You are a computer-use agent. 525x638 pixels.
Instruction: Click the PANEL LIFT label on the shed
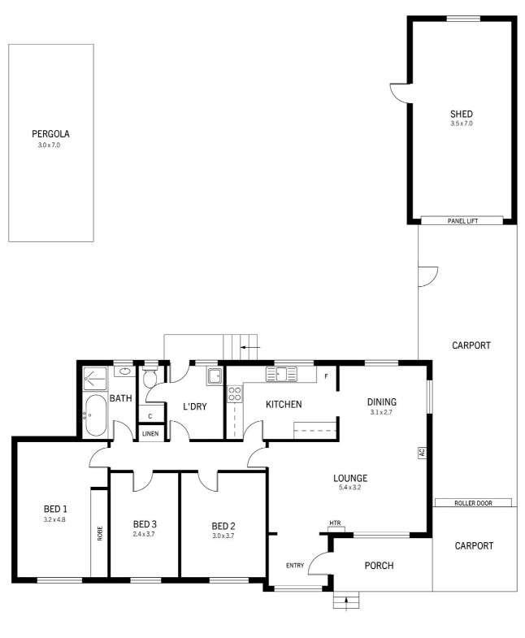(462, 221)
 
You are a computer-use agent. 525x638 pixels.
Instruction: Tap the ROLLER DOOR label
(473, 503)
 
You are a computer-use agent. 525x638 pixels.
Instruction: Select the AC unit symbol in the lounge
(422, 453)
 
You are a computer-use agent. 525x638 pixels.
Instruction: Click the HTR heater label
(336, 523)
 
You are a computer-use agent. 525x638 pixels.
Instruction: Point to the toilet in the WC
(150, 376)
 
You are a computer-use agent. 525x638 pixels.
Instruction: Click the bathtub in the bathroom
(96, 415)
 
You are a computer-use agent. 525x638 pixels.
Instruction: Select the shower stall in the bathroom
(95, 380)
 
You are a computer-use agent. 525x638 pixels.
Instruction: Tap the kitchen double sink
(281, 374)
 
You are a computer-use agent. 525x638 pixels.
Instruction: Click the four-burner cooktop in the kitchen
(234, 394)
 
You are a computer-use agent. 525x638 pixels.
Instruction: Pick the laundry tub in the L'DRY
(214, 376)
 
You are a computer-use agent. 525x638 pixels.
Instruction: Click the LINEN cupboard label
(150, 434)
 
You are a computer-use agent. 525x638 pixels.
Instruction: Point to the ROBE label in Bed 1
(100, 533)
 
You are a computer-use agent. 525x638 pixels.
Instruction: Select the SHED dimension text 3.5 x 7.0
(462, 124)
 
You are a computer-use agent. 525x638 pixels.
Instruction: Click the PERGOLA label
(51, 134)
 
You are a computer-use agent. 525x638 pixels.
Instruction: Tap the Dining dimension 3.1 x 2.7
(381, 412)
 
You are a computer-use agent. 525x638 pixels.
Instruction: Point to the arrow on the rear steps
(249, 348)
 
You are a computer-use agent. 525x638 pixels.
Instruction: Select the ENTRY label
(295, 566)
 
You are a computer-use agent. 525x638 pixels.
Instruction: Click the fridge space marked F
(326, 377)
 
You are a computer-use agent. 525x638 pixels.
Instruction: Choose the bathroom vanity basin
(124, 371)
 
